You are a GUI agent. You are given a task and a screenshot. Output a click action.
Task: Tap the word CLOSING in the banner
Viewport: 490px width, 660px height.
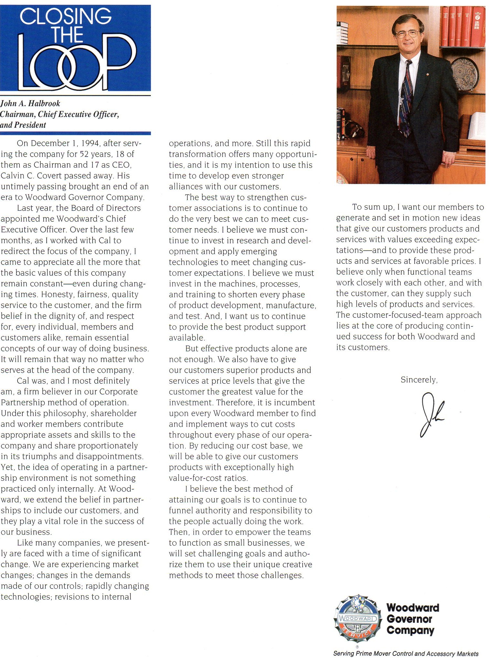tap(65, 16)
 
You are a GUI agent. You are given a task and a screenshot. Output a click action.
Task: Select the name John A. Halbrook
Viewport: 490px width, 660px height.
tap(30, 104)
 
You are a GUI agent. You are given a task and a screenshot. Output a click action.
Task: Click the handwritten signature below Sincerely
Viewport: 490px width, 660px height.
tap(431, 414)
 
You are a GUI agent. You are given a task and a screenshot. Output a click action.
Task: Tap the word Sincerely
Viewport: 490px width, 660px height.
tap(419, 380)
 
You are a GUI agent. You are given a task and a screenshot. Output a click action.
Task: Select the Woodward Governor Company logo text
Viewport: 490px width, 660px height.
tap(412, 619)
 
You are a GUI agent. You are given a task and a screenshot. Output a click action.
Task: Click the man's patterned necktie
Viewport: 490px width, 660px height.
tap(406, 100)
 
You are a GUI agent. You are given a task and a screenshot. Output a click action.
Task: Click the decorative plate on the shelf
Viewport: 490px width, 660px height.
tap(465, 73)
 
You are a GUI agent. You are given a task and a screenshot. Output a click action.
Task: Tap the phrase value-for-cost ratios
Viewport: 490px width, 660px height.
tap(208, 478)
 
